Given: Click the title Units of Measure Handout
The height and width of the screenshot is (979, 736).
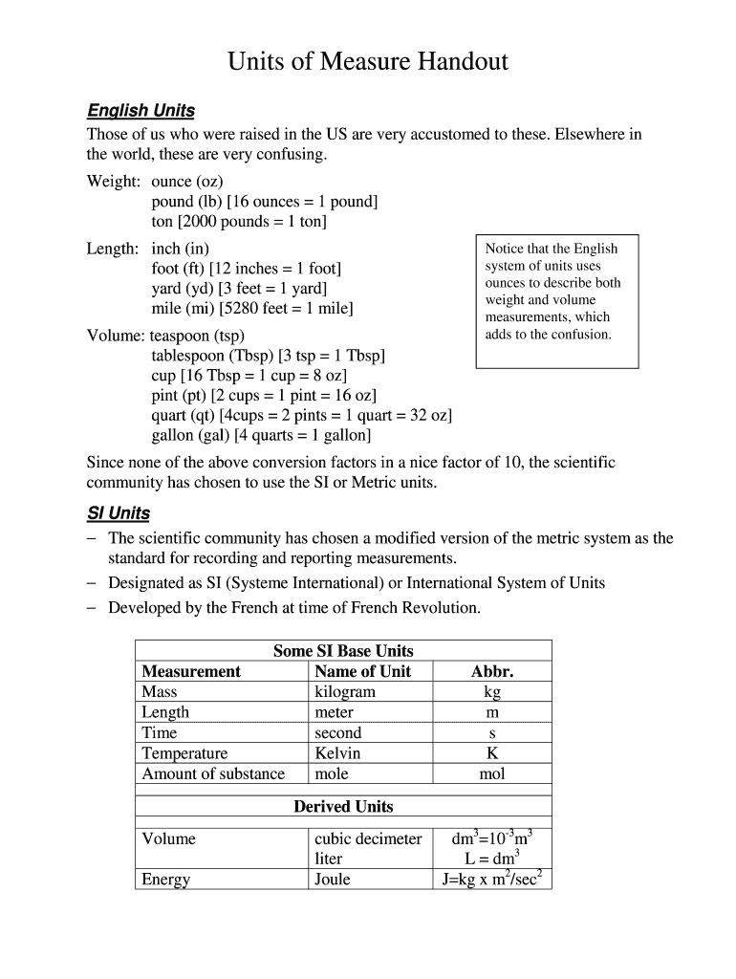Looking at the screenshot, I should pyautogui.click(x=367, y=63).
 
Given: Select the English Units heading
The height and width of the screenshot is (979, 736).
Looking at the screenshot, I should pyautogui.click(x=141, y=111).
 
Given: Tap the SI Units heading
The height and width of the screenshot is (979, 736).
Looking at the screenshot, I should pyautogui.click(x=119, y=513).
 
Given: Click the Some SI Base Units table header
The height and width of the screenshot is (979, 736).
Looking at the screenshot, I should pyautogui.click(x=342, y=651).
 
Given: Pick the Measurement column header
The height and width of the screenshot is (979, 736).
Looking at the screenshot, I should pyautogui.click(x=191, y=671).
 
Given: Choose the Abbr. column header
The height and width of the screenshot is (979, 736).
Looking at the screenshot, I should pyautogui.click(x=492, y=671).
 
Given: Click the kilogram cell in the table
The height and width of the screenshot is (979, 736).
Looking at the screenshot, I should pyautogui.click(x=344, y=692).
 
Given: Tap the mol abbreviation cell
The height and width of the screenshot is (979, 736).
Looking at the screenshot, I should pyautogui.click(x=492, y=773).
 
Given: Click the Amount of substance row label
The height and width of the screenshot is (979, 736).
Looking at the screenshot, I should pyautogui.click(x=213, y=773).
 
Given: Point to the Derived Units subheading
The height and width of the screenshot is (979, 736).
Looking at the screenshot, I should pyautogui.click(x=342, y=807).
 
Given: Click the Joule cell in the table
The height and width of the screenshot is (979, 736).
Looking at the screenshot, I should pyautogui.click(x=332, y=880).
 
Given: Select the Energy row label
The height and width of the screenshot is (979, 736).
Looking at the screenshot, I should pyautogui.click(x=165, y=880).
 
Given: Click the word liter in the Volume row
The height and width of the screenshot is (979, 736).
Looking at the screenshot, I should pyautogui.click(x=328, y=859).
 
